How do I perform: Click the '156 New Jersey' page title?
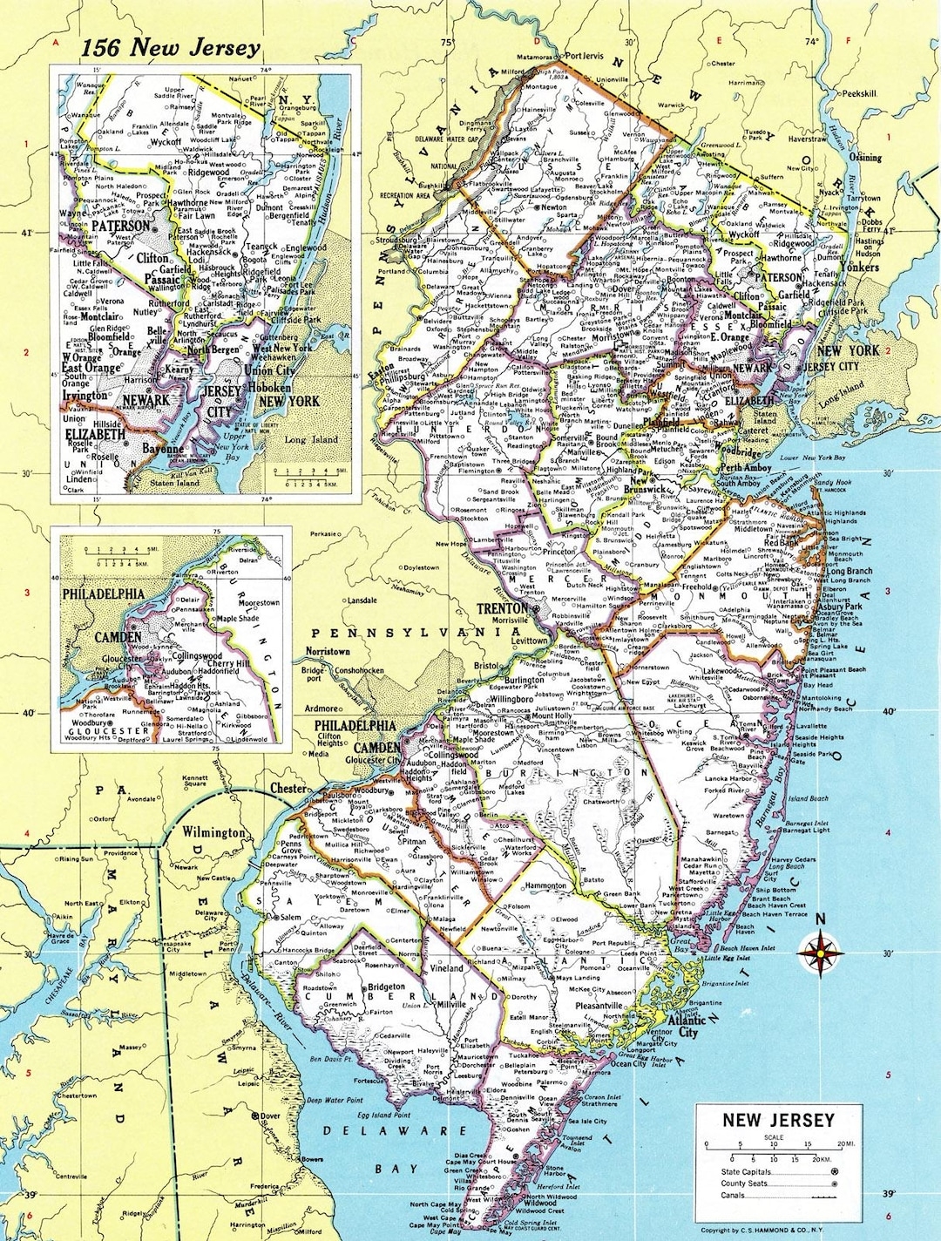170,47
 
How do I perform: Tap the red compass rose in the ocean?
818,953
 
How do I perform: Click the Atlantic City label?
687,1026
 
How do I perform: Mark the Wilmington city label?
213,832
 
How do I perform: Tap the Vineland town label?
447,968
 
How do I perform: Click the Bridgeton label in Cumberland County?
387,988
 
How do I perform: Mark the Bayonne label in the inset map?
163,449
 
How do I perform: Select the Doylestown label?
421,567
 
